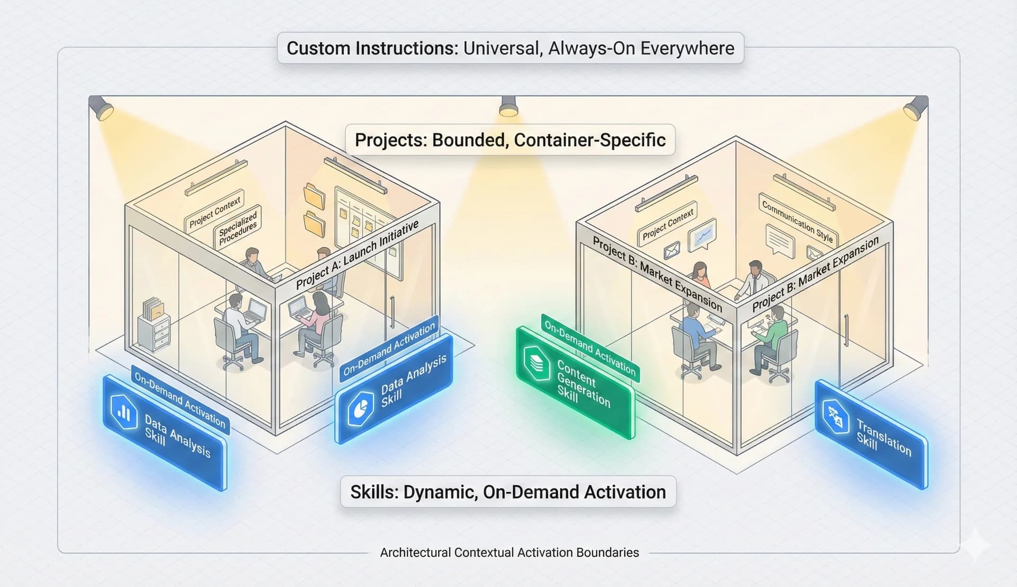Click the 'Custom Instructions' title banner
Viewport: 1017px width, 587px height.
510,48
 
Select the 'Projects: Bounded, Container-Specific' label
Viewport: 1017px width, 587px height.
510,140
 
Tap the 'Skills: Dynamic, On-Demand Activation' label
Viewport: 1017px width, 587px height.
508,492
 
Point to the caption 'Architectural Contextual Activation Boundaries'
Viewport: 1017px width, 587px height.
509,553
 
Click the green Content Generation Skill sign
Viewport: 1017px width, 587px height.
575,382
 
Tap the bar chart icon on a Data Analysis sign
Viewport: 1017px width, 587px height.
124,412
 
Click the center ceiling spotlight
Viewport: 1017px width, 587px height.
508,106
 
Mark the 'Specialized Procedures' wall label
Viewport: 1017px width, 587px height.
238,227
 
